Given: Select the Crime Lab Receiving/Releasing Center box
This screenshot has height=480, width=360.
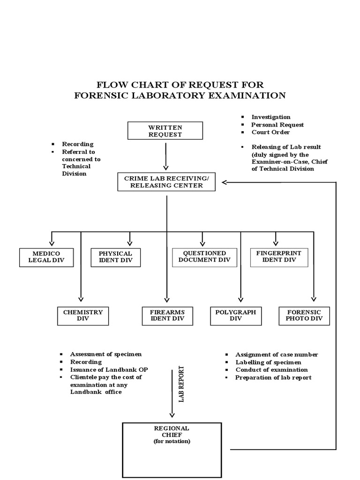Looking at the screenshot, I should tap(166, 182).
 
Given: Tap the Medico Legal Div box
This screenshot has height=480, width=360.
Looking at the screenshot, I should tap(46, 256).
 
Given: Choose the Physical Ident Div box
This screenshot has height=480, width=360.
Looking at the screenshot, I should tap(115, 256).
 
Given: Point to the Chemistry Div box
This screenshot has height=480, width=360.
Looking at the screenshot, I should tap(82, 315).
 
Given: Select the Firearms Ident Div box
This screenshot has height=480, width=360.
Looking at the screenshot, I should tap(167, 315).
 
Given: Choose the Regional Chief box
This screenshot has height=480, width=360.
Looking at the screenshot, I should tap(172, 450).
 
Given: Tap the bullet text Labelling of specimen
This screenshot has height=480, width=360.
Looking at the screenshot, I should tap(268, 362).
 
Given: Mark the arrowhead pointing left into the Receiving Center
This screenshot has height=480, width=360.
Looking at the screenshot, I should tap(225, 182).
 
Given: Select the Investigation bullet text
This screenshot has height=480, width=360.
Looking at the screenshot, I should tap(271, 117).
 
